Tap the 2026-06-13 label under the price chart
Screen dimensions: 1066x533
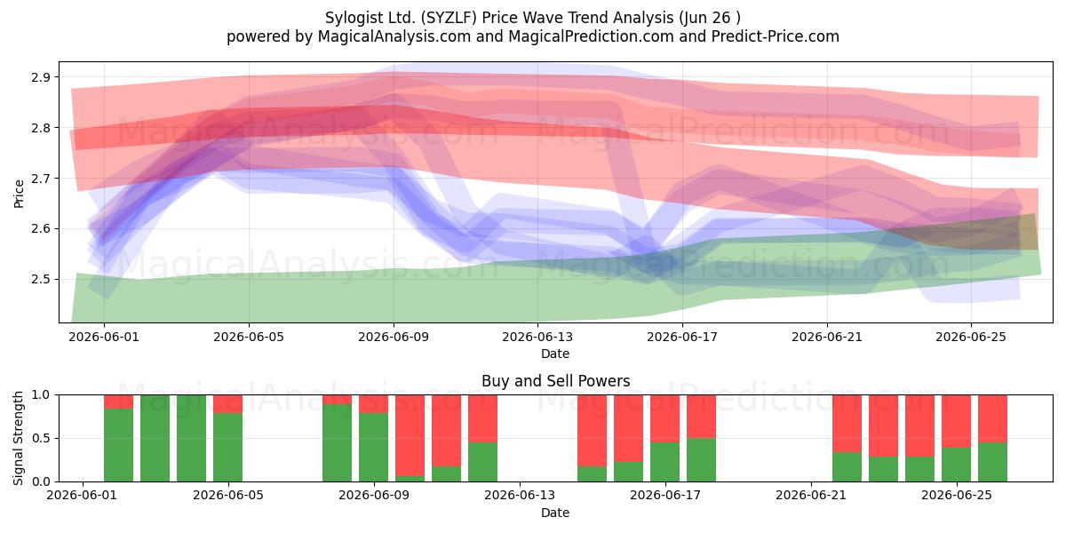(x=537, y=337)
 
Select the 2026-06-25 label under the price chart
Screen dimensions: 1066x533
(x=971, y=337)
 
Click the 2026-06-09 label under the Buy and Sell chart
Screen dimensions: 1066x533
(x=374, y=496)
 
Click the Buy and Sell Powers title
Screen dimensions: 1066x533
(x=555, y=381)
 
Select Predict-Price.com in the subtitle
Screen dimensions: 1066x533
(x=776, y=36)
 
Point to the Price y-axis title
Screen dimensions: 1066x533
(x=19, y=194)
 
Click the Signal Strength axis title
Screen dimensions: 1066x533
(x=18, y=438)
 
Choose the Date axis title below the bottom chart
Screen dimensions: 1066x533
(x=555, y=513)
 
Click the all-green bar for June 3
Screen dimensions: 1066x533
(x=155, y=438)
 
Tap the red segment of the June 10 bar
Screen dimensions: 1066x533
(x=410, y=435)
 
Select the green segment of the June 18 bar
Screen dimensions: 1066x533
(x=701, y=460)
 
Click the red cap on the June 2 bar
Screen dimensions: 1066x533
(x=118, y=402)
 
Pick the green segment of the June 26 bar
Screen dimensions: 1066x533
(x=993, y=462)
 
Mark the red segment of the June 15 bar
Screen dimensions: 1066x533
(x=592, y=431)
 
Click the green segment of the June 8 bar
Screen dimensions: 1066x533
(x=337, y=442)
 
